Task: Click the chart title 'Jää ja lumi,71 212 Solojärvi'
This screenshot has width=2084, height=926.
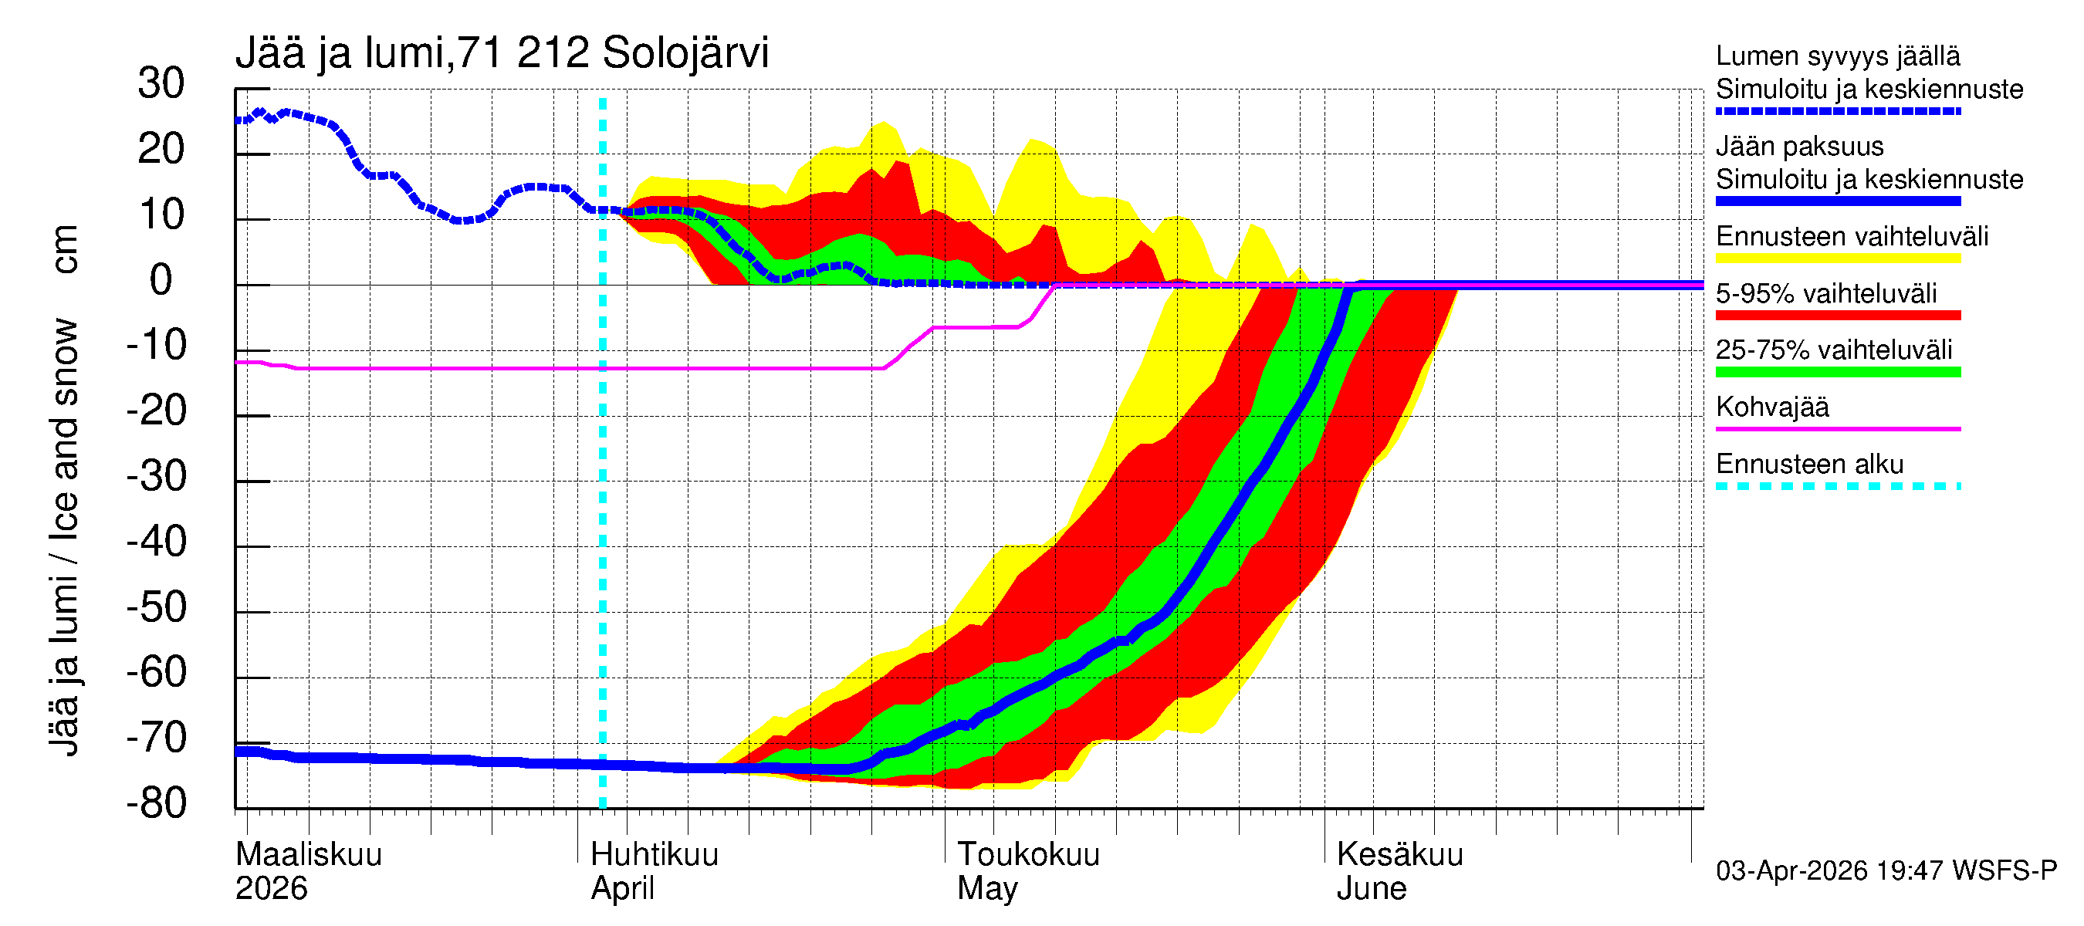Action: click(x=502, y=53)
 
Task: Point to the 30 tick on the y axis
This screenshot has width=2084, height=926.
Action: click(x=161, y=84)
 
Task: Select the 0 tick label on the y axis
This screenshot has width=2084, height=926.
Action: click(x=161, y=281)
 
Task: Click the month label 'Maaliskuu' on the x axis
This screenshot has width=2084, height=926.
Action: click(x=308, y=855)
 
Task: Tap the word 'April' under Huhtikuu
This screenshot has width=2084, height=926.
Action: click(x=622, y=889)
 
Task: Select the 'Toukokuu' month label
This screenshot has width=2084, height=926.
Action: click(x=1028, y=855)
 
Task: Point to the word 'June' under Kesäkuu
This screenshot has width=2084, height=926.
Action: click(x=1372, y=889)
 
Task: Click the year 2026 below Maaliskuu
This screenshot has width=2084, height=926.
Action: click(x=271, y=889)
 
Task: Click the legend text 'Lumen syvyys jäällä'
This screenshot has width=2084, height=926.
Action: click(x=1838, y=56)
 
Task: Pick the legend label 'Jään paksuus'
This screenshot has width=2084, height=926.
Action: click(x=1800, y=147)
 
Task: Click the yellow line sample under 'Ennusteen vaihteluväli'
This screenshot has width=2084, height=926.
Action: click(x=1838, y=259)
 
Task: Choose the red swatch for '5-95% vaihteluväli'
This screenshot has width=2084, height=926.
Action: click(x=1838, y=316)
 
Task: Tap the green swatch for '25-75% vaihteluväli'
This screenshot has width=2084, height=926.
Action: click(x=1838, y=372)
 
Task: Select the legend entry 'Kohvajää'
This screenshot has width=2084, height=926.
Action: click(x=1772, y=407)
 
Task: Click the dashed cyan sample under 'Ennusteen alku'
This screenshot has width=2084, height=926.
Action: click(x=1838, y=487)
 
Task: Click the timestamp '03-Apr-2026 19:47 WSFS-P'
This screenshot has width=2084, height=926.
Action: click(x=1886, y=871)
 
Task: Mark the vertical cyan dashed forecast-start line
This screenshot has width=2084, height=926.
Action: click(x=603, y=485)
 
